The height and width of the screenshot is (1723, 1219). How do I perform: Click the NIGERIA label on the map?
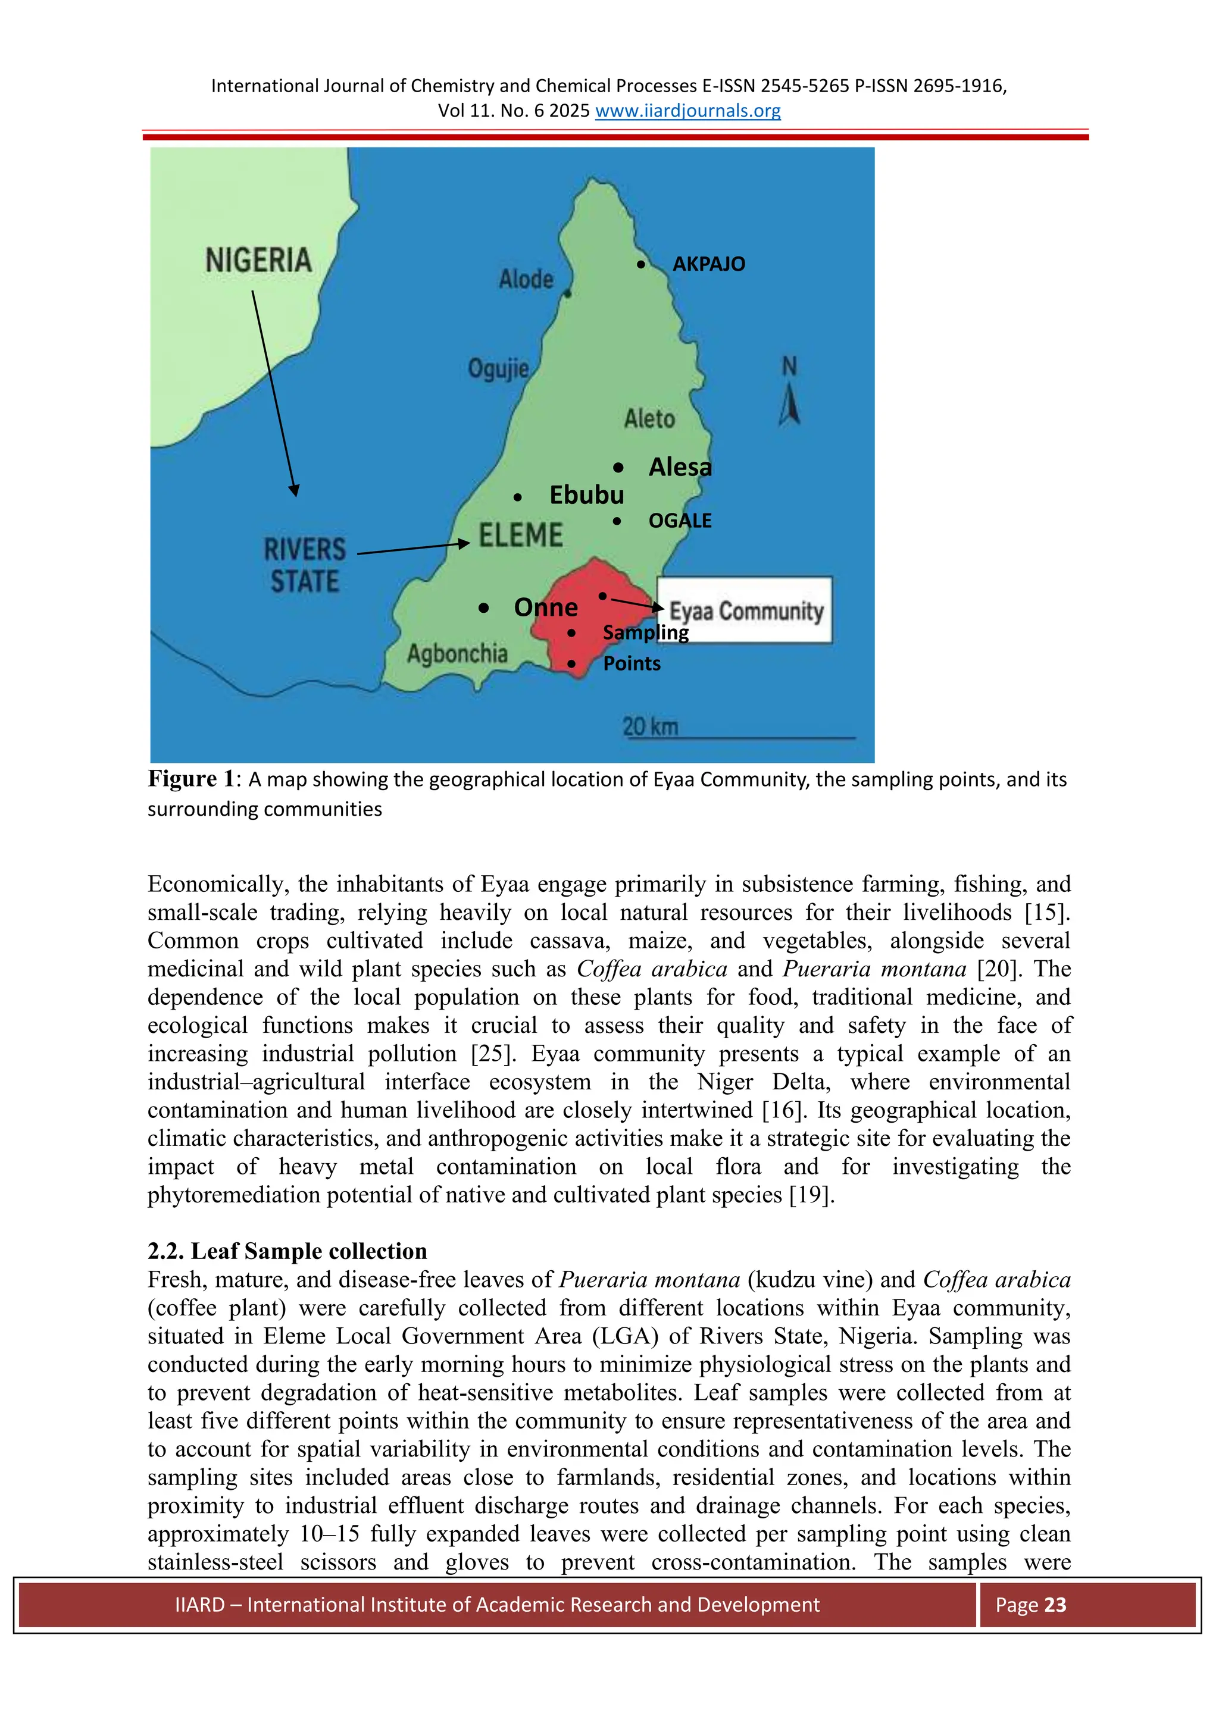258,261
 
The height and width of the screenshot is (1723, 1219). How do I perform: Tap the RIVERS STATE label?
305,565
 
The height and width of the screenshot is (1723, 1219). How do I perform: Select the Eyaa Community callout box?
745,610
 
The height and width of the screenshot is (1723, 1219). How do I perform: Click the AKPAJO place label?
708,264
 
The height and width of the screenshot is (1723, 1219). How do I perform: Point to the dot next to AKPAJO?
640,264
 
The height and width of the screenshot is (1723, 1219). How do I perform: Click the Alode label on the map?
526,279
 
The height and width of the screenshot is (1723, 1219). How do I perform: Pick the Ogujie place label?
498,368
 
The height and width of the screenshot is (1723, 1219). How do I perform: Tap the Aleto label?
649,418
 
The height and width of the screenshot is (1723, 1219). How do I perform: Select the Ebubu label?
586,495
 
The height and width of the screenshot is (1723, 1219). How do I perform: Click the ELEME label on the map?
521,535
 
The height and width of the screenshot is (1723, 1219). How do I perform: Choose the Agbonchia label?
457,654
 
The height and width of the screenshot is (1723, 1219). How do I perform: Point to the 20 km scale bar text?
650,726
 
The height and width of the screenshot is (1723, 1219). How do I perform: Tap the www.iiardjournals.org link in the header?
687,111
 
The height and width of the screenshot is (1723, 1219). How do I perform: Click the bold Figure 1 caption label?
192,779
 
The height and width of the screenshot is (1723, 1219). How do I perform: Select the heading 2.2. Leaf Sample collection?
287,1251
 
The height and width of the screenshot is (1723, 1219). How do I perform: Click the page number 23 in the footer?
1055,1605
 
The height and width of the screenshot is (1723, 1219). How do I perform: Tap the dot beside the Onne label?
483,608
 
